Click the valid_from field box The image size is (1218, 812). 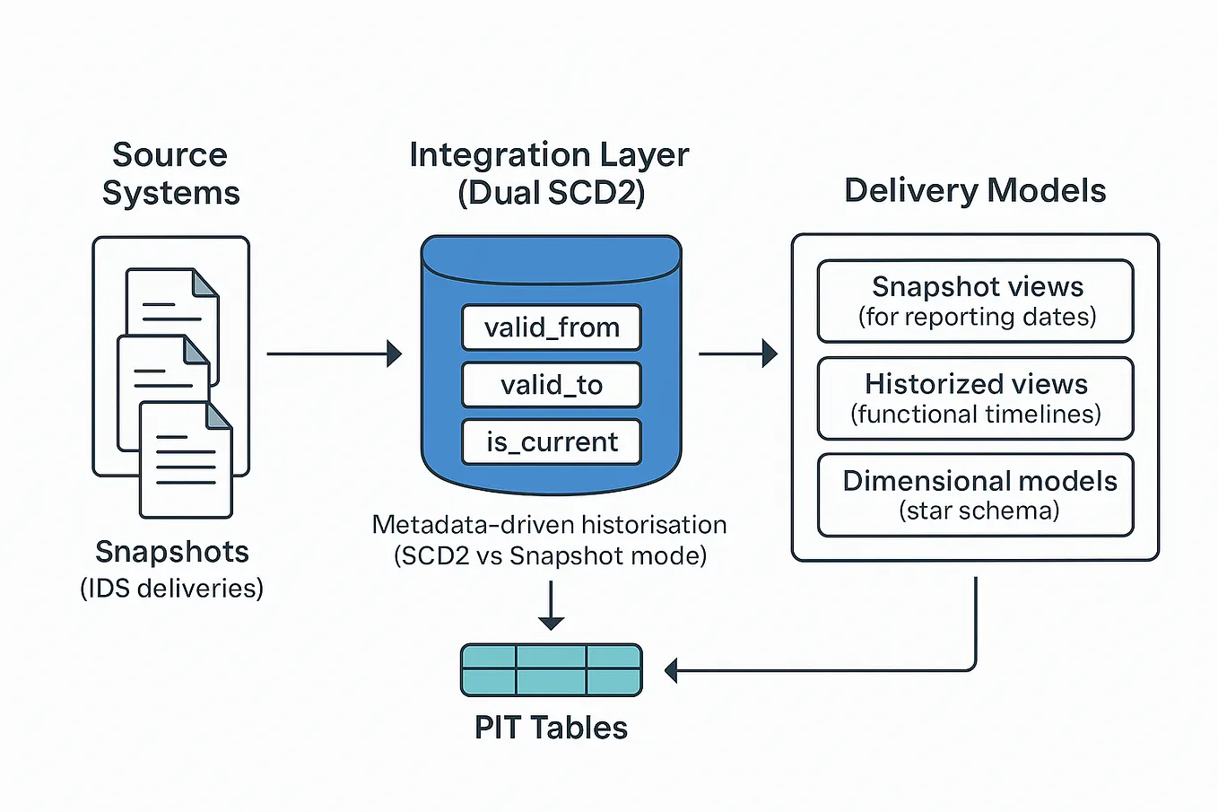point(551,327)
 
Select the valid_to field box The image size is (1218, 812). point(551,385)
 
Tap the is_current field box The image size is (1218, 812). point(551,442)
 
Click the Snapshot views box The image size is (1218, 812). point(975,301)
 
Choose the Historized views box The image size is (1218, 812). point(975,398)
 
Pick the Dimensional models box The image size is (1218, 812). point(975,495)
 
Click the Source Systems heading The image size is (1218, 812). point(170,174)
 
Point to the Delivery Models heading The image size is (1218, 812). point(975,191)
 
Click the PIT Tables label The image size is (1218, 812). point(551,728)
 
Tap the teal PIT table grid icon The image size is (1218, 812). point(551,670)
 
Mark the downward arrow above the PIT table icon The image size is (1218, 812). point(551,607)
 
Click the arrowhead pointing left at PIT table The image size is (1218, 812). point(671,670)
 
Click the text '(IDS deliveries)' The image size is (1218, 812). point(171,589)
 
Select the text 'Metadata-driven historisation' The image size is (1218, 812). point(549,525)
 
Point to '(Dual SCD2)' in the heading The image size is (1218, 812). point(551,194)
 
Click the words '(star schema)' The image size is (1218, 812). point(979,511)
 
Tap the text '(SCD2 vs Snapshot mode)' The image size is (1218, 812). point(550,556)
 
